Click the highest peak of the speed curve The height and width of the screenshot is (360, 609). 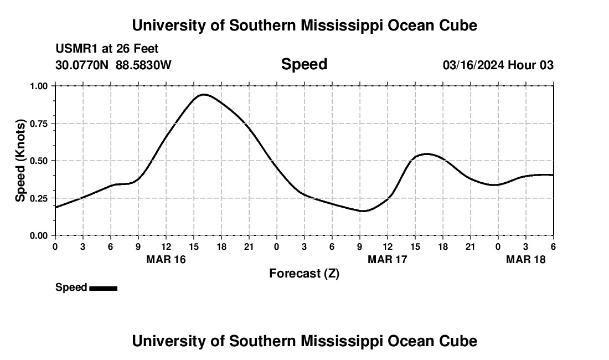coord(204,94)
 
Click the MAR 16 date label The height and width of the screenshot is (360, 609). coord(166,259)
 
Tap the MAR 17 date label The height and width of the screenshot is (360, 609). coord(387,259)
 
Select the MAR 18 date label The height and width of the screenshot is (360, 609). coord(525,259)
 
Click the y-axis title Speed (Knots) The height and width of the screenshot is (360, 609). coord(20,161)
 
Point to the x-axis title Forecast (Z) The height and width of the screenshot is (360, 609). coord(304,273)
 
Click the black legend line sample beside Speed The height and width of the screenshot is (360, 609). coord(103,288)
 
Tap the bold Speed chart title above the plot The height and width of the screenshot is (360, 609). coord(304,64)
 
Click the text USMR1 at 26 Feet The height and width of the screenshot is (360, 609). coord(107,49)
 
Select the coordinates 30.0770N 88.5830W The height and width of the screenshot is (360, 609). coord(113,65)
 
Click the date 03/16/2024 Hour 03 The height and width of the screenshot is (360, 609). coord(498,65)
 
